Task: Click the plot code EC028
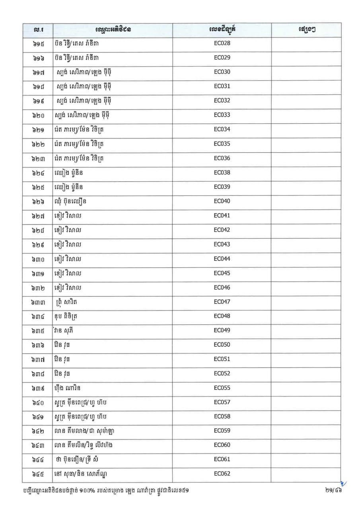pyautogui.click(x=222, y=43)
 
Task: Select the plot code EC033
pyautogui.click(x=222, y=115)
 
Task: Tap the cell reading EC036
pyautogui.click(x=222, y=158)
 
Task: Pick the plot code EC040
pyautogui.click(x=222, y=201)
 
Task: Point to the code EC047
pyautogui.click(x=222, y=302)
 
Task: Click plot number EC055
pyautogui.click(x=222, y=388)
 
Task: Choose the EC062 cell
pyautogui.click(x=222, y=474)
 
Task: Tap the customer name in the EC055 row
pyautogui.click(x=69, y=388)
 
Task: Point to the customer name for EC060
pyautogui.click(x=86, y=445)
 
